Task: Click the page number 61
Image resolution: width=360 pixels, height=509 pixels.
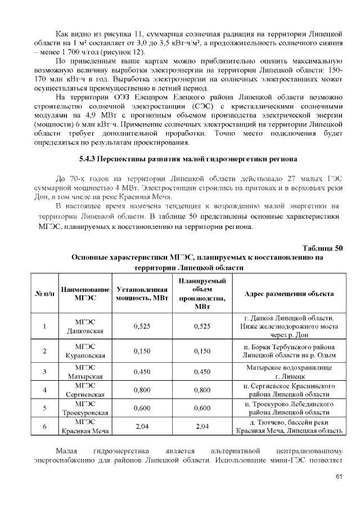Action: coord(339,478)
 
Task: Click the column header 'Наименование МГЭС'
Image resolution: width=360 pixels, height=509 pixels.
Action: coord(84,294)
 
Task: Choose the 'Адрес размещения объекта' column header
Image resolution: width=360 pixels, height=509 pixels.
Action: coord(289,294)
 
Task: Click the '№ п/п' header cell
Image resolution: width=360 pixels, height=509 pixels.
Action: coord(44,294)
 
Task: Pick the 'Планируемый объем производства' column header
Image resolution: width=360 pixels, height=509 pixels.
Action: coord(202,294)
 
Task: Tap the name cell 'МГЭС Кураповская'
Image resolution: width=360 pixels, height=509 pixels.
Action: coord(84,351)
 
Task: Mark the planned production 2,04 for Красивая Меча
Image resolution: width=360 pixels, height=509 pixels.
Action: coord(202,426)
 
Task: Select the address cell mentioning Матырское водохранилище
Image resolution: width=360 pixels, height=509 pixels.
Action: coord(289,372)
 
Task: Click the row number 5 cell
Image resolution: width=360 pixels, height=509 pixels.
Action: coord(44,408)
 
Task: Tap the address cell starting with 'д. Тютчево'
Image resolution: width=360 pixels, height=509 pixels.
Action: coord(289,426)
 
